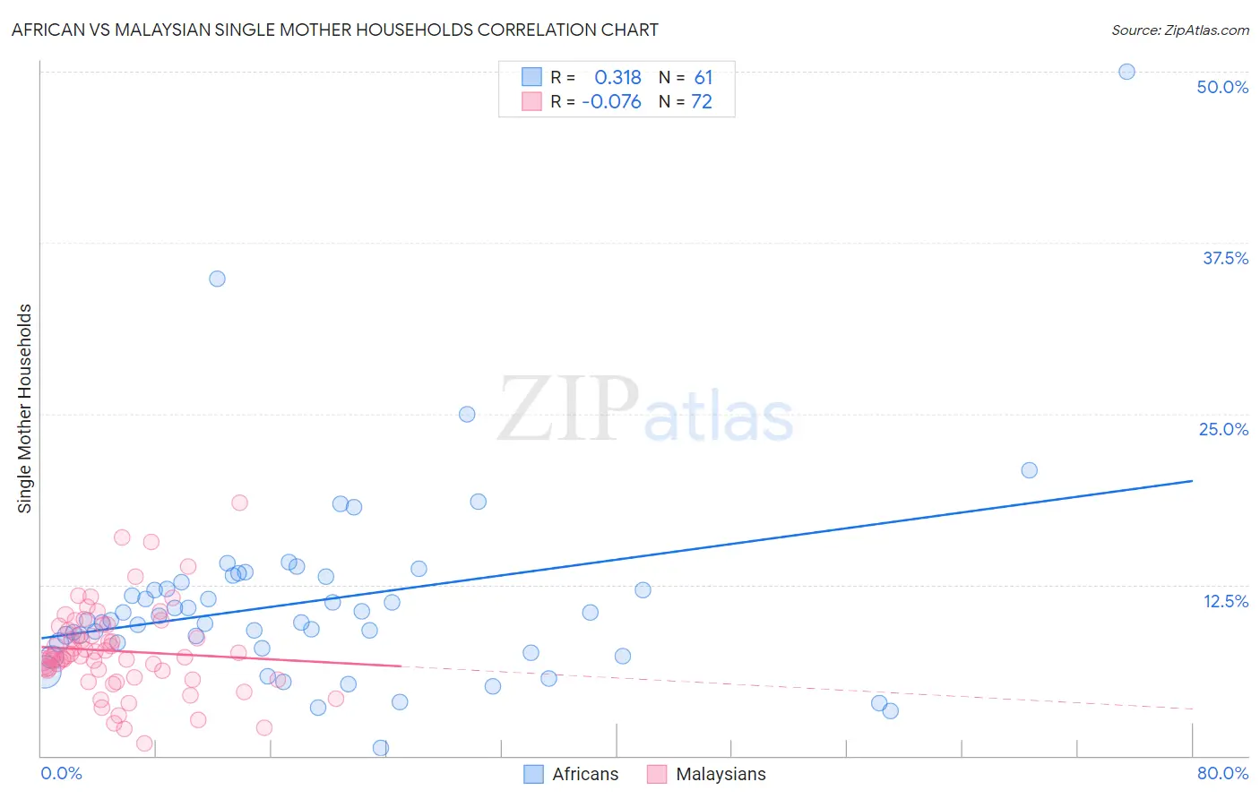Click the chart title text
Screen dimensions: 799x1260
(334, 30)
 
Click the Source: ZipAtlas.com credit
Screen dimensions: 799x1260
(1179, 30)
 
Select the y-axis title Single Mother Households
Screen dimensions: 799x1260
(24, 408)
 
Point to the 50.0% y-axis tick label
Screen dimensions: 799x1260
(1222, 87)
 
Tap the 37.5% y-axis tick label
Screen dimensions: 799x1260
(1225, 258)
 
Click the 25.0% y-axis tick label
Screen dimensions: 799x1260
(1223, 429)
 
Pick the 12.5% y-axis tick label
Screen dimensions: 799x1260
(1225, 601)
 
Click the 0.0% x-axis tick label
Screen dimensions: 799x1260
(61, 773)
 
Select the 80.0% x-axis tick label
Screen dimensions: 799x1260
(1222, 773)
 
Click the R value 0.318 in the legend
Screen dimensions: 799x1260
(617, 77)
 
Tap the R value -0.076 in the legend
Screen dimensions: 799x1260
(611, 102)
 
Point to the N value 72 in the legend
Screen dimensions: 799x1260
(702, 102)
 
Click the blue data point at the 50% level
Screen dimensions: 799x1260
(1126, 72)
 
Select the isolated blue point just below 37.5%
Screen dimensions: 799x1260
(217, 279)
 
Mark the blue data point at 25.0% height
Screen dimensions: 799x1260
(467, 414)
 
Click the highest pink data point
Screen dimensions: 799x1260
(239, 503)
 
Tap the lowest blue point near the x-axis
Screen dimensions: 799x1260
(381, 748)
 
